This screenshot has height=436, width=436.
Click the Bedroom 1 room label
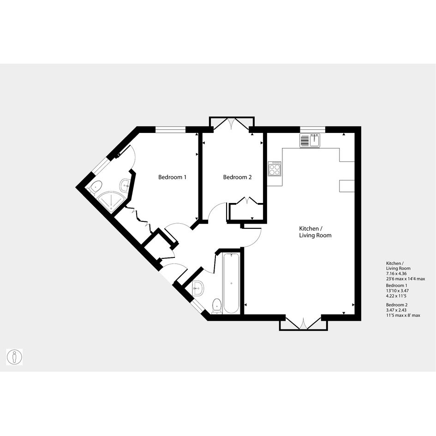(x=172, y=177)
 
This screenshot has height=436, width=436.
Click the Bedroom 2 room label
(x=237, y=177)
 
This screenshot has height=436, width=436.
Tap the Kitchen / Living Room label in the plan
(x=315, y=232)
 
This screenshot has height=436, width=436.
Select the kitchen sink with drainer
(x=310, y=140)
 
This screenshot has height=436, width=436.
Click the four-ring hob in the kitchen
(x=275, y=169)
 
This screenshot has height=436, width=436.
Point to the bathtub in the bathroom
(x=231, y=283)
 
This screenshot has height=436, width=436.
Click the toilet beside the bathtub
(x=216, y=306)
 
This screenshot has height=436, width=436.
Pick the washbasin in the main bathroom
(x=198, y=288)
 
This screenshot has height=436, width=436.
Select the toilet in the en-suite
(x=95, y=186)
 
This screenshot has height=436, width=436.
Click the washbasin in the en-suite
(x=125, y=185)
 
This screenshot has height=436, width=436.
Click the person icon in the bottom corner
(x=14, y=357)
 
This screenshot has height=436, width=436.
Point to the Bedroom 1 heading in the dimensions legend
(x=396, y=286)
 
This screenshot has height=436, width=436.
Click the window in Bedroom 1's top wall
(x=170, y=129)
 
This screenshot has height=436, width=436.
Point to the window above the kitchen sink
(x=312, y=129)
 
